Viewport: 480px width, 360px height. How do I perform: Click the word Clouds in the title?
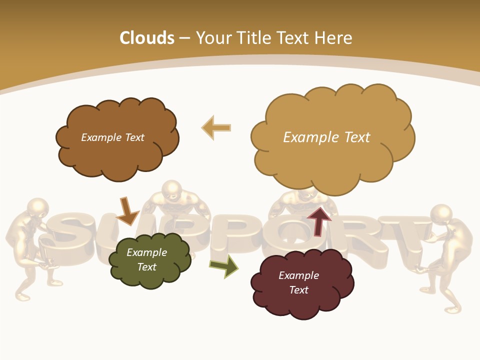(x=147, y=38)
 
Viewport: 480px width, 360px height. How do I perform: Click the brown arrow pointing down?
(x=127, y=210)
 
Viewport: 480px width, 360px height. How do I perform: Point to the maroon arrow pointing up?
(x=319, y=220)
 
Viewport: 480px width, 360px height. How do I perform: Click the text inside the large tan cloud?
(x=326, y=137)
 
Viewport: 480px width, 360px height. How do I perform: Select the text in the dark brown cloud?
(x=112, y=137)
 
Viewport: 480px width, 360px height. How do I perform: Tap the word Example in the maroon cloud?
(x=298, y=275)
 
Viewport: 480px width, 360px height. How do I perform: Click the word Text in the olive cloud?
(x=147, y=267)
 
